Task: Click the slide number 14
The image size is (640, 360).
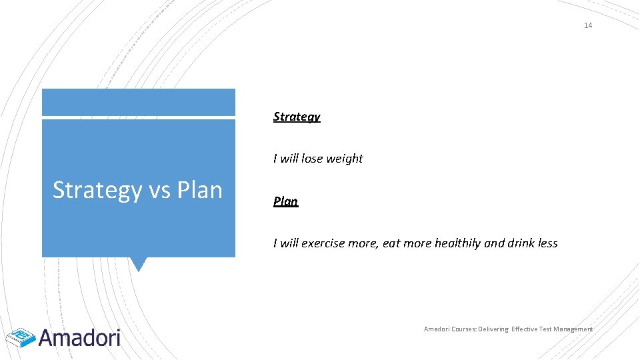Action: [587, 25]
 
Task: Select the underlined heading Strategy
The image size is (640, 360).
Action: [297, 117]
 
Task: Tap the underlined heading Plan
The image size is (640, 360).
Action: [285, 201]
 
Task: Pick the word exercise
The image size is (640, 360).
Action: [323, 243]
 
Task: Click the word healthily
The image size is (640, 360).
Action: [457, 243]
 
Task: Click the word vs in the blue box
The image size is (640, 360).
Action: [160, 190]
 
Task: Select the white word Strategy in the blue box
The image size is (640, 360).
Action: [97, 191]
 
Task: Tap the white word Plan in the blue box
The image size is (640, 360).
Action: [199, 190]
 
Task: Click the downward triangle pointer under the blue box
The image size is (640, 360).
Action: [138, 264]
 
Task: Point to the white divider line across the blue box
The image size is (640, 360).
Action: [138, 118]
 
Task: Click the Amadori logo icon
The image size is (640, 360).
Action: [20, 339]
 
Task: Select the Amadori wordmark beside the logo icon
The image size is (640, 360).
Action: [79, 337]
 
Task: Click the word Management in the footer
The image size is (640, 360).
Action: [569, 329]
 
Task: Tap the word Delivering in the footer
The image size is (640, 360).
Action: [491, 329]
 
